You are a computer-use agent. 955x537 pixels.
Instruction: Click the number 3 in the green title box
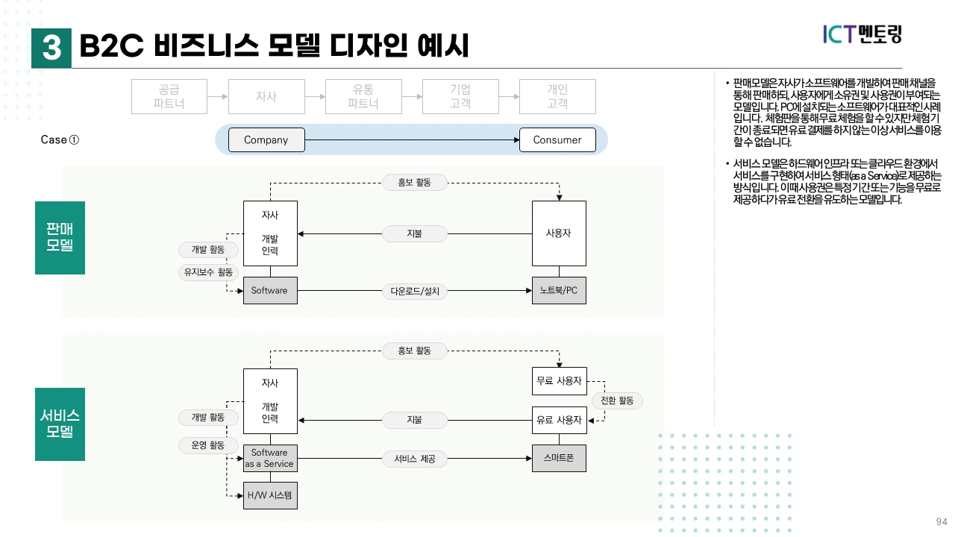tap(51, 48)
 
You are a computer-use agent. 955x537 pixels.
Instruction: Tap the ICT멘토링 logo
tap(862, 34)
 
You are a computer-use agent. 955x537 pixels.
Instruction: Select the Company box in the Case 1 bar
tap(266, 139)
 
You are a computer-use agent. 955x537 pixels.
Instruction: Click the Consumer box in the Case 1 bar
tap(557, 139)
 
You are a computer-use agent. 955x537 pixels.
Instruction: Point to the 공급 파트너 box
tap(169, 96)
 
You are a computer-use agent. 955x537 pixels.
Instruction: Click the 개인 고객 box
tap(557, 96)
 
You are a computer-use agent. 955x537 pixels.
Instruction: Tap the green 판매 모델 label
tap(60, 237)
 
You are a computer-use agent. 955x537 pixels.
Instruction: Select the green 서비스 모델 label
tap(60, 424)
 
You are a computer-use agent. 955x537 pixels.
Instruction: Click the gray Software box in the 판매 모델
tap(269, 290)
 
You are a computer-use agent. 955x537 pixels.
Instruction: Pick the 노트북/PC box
tap(559, 290)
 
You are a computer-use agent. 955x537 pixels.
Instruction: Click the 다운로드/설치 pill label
tap(415, 291)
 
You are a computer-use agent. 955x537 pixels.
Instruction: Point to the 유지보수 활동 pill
tap(208, 272)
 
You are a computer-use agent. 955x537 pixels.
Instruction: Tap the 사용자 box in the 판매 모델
tap(559, 233)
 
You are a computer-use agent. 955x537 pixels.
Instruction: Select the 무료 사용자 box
tap(559, 381)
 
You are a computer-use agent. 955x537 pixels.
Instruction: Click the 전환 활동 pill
tap(617, 401)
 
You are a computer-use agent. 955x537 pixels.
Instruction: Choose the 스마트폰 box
tap(559, 458)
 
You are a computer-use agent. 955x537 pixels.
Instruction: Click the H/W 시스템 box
tap(269, 495)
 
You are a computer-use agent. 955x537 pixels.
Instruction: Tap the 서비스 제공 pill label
tap(414, 459)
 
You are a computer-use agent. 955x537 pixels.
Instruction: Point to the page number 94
tap(942, 521)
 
